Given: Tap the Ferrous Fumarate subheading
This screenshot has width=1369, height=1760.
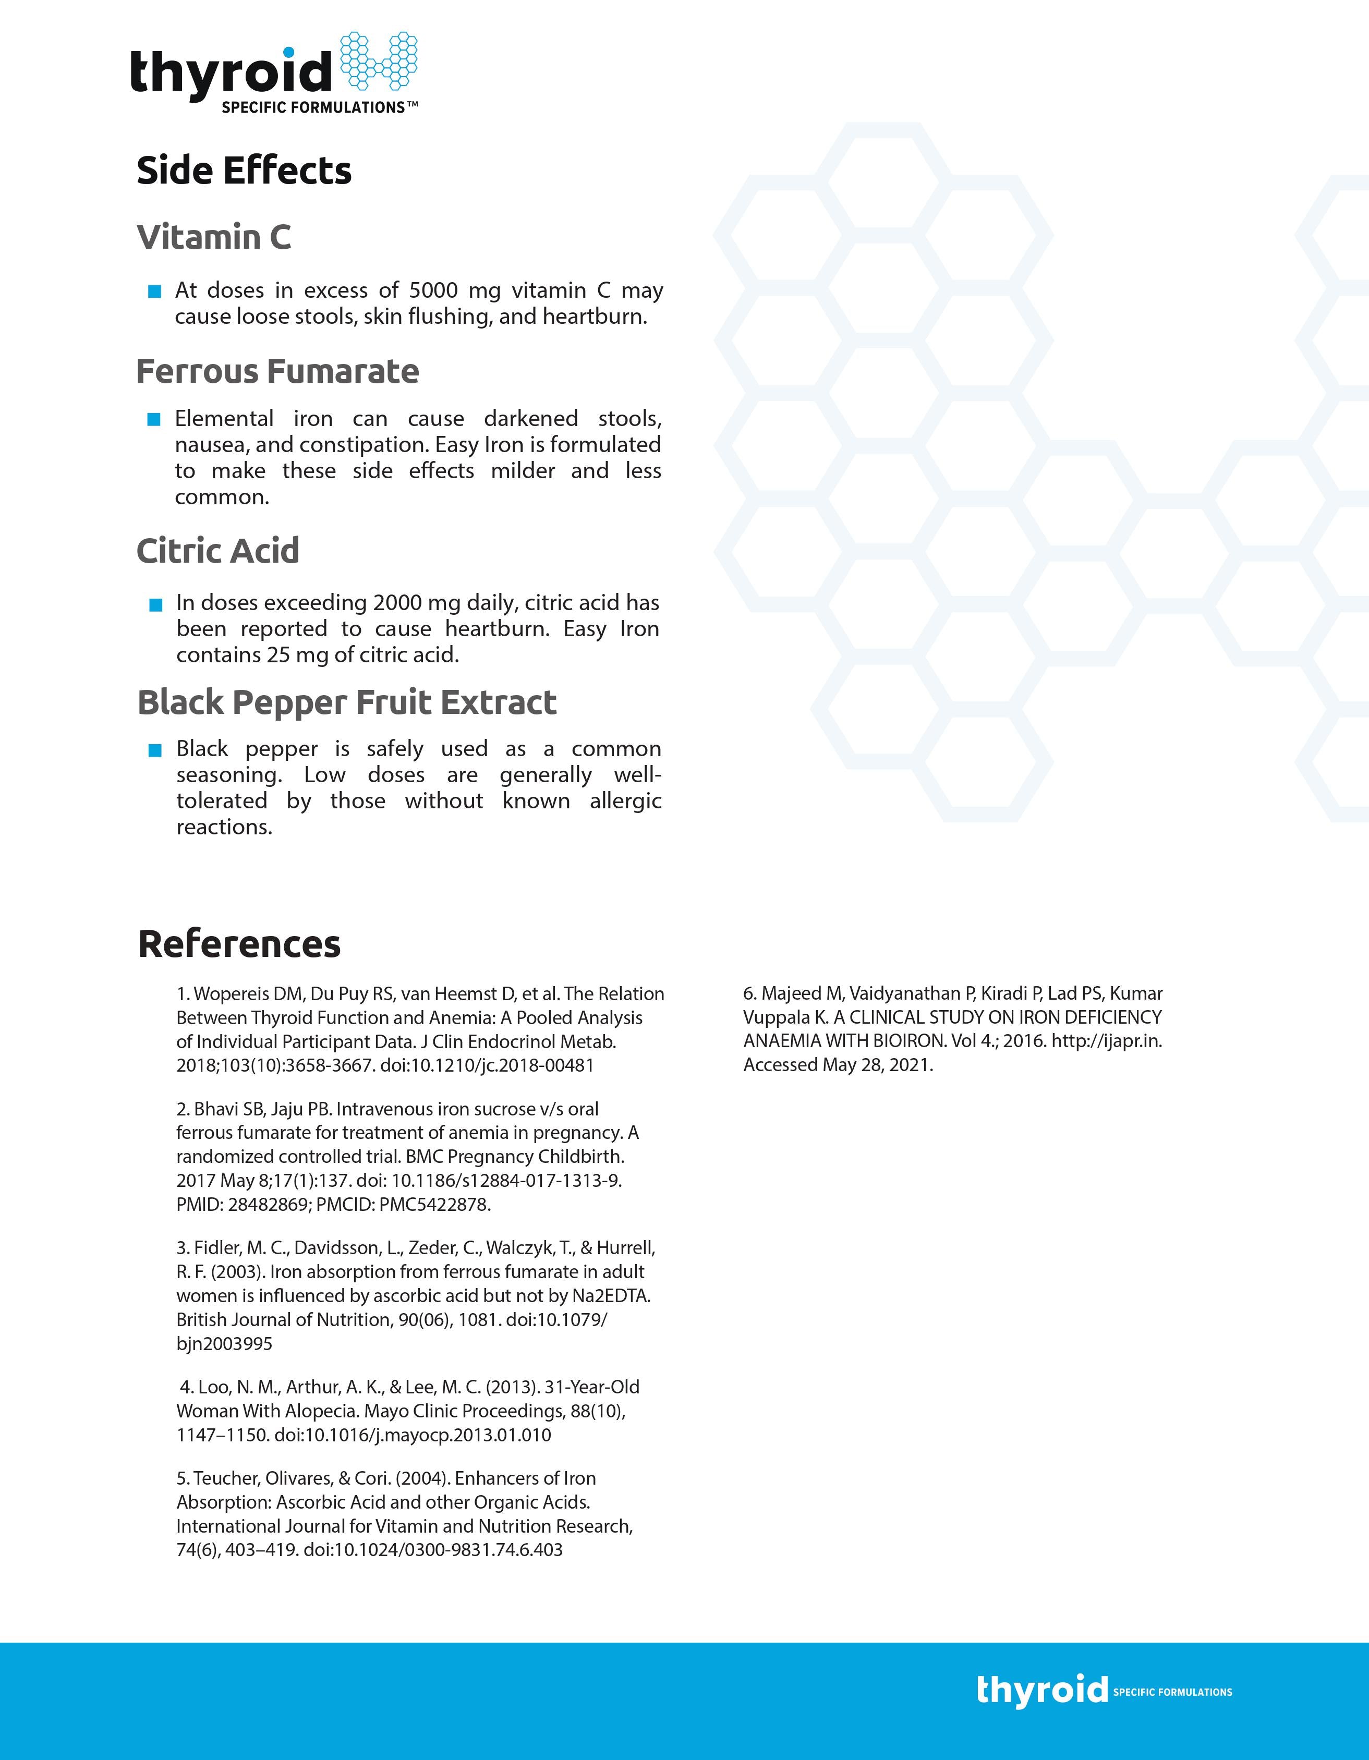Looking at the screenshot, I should pos(277,371).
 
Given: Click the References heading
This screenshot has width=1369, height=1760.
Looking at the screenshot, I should pos(239,944).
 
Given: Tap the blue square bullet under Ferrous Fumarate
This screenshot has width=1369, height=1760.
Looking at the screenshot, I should pos(154,419).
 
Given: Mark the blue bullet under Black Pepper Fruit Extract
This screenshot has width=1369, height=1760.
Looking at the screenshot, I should pos(155,750).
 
